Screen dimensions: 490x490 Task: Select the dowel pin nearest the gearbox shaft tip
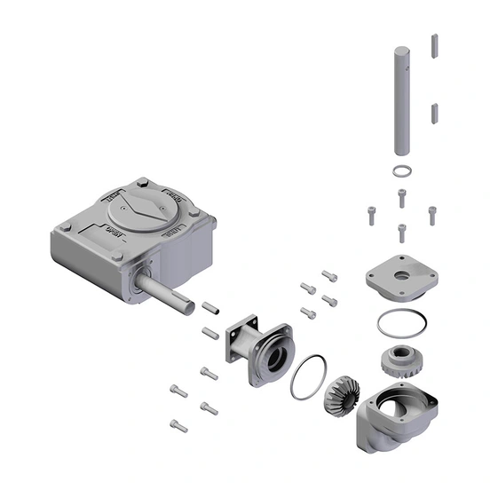click(210, 309)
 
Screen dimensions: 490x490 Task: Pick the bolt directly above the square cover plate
click(401, 231)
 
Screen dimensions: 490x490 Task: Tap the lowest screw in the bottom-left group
click(178, 425)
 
